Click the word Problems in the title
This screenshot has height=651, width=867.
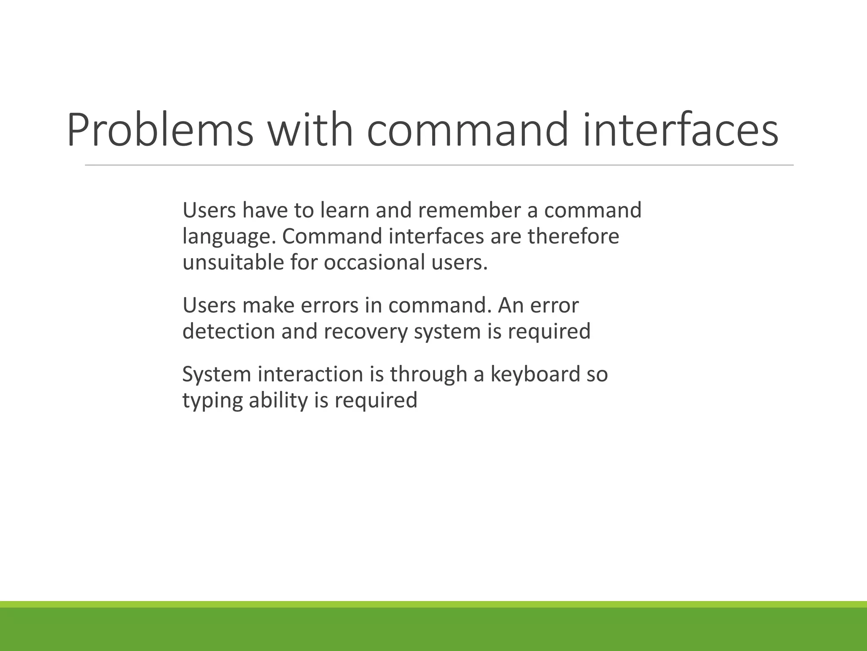(160, 130)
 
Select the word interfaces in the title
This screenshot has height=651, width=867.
(680, 130)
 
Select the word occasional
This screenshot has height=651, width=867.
(374, 262)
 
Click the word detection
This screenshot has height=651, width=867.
(229, 331)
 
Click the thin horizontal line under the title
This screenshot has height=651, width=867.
(439, 165)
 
